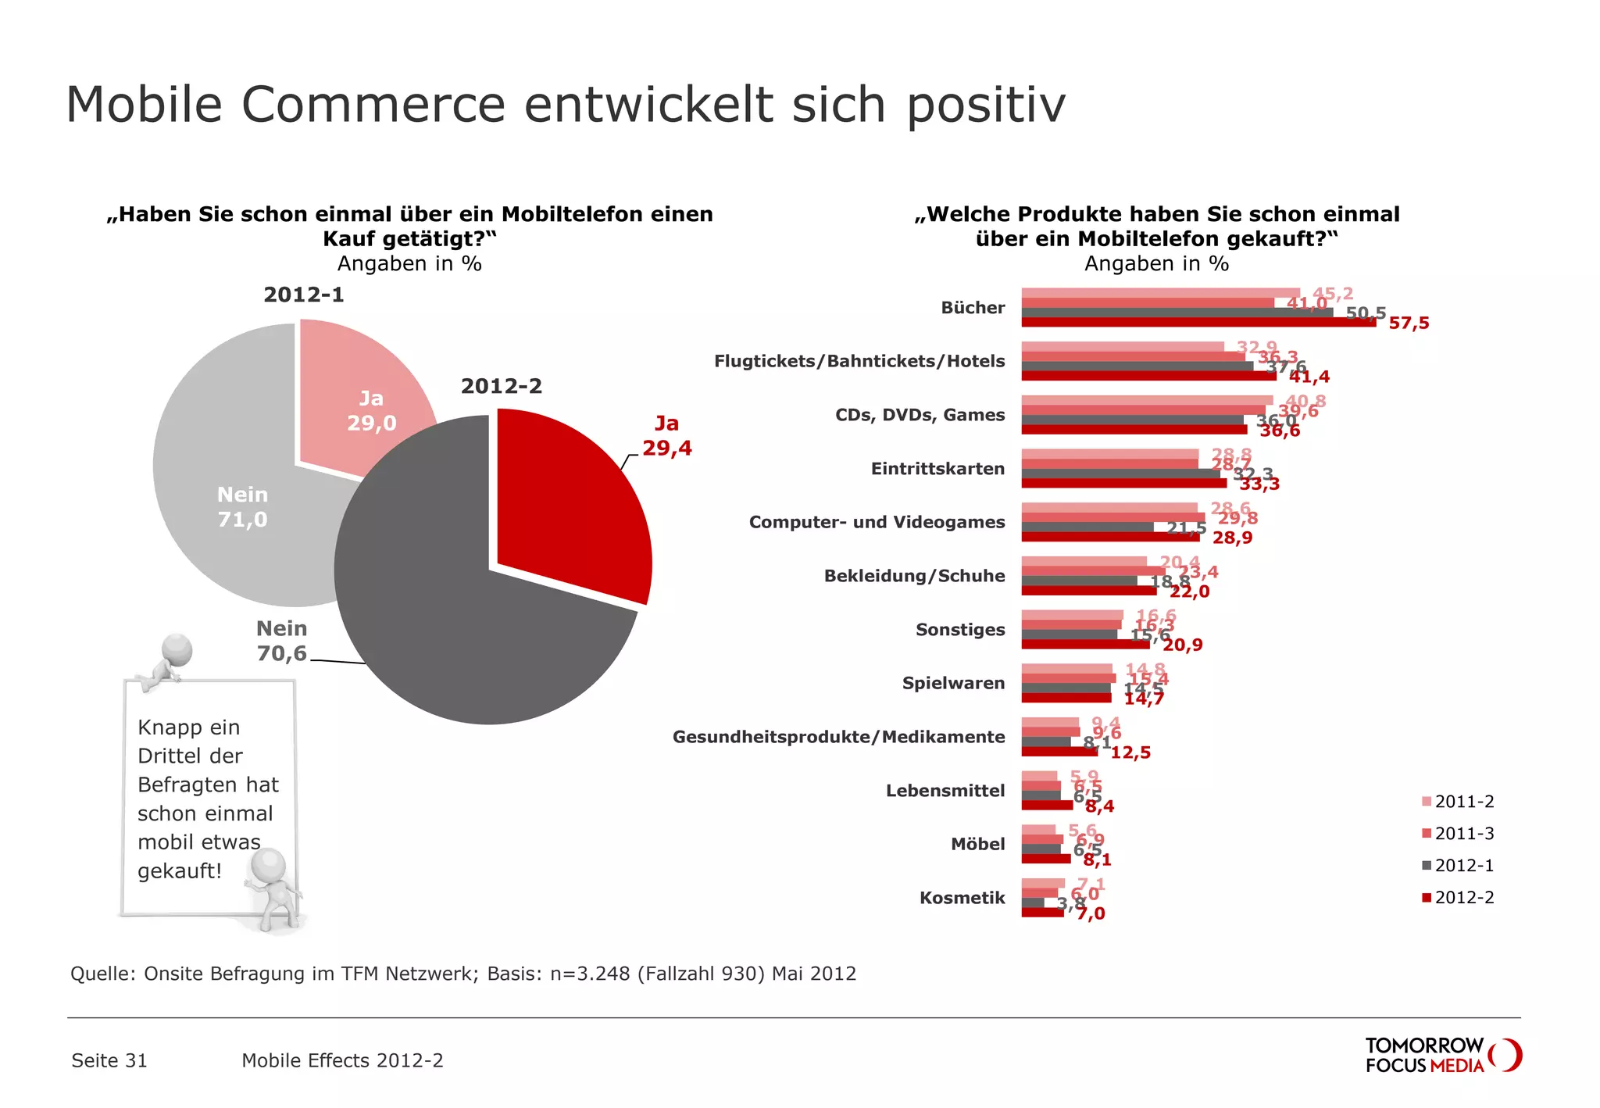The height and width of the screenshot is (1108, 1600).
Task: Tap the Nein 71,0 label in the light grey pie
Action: click(x=242, y=507)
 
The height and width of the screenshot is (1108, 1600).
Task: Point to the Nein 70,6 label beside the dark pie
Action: click(x=282, y=641)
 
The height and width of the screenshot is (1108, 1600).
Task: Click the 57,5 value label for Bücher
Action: click(x=1409, y=323)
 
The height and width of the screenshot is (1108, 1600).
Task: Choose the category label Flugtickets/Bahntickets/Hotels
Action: click(x=859, y=361)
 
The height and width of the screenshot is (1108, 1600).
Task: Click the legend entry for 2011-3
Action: click(x=1458, y=834)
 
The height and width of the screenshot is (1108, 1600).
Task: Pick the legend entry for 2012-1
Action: click(x=1458, y=866)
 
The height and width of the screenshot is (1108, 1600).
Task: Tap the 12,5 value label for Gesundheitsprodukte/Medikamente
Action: click(x=1130, y=752)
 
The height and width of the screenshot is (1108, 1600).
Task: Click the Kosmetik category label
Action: click(x=962, y=898)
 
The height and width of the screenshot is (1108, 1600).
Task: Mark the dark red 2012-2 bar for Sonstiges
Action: click(x=1085, y=645)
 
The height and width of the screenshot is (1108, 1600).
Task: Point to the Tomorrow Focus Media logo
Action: click(x=1442, y=1055)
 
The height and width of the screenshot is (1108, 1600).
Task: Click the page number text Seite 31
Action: click(x=109, y=1060)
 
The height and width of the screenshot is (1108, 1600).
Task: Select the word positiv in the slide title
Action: click(x=986, y=105)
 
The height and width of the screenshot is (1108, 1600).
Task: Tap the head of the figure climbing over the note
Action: click(x=177, y=649)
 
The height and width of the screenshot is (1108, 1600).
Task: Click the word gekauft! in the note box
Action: click(x=180, y=871)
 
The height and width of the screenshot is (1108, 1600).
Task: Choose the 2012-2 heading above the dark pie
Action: click(x=501, y=386)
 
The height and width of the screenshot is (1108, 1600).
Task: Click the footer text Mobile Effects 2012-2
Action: click(x=342, y=1060)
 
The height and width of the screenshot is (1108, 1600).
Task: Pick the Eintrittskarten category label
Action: click(x=937, y=469)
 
